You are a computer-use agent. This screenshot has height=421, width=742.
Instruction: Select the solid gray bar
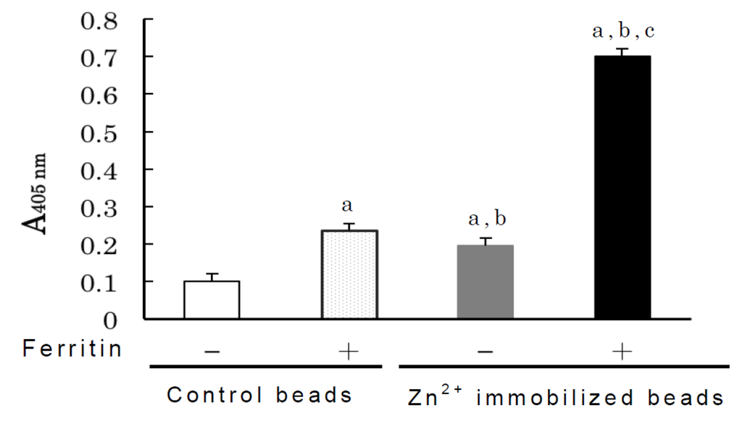coord(485,282)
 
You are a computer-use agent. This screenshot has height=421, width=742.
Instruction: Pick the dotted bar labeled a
coord(349,275)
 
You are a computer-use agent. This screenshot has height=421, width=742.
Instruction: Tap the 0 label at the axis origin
coord(111,319)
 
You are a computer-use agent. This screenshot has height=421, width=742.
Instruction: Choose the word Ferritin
coord(71,350)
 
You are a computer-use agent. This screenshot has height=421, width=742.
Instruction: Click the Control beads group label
coord(259,396)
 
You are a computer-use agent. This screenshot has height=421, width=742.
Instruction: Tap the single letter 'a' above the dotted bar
coord(348,206)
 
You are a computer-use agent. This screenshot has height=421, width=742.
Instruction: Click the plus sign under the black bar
coord(622,351)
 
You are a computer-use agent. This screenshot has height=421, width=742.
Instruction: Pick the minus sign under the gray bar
coord(485,351)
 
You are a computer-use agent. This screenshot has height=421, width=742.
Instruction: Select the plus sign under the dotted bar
coord(349,351)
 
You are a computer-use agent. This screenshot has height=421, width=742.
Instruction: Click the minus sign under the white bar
coord(212,351)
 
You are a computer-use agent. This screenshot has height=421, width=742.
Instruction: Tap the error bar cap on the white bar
coord(212,274)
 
